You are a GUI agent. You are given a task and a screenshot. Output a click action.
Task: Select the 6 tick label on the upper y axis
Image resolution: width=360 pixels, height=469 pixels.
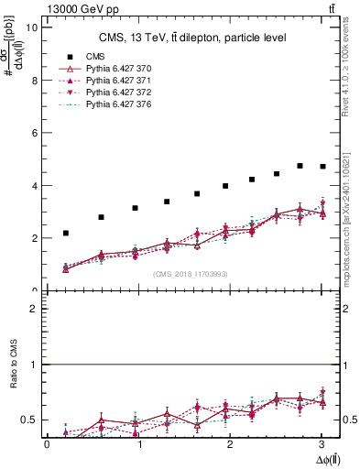pyautogui.click(x=35, y=133)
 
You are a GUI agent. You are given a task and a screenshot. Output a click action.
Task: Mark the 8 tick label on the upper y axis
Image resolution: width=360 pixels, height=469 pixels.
pyautogui.click(x=35, y=80)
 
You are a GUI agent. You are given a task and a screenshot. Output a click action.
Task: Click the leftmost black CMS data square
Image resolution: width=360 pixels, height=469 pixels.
pyautogui.click(x=66, y=233)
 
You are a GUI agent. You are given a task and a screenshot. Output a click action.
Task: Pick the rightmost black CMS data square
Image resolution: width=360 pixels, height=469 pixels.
pyautogui.click(x=322, y=167)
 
